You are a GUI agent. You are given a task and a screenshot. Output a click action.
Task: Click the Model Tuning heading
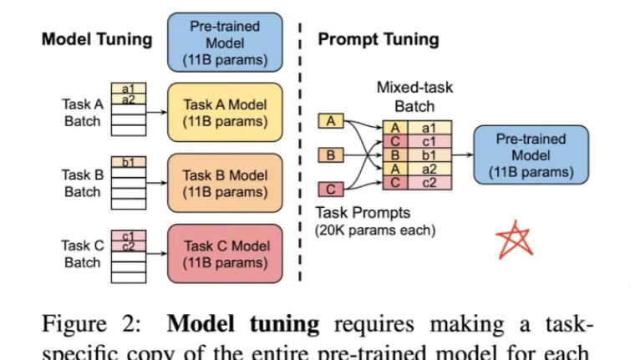pos(97,39)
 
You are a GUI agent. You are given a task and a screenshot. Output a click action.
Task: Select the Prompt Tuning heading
pos(378,39)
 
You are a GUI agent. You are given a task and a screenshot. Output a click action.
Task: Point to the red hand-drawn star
pos(513,239)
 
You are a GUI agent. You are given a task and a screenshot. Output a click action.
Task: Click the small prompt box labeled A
pos(331,122)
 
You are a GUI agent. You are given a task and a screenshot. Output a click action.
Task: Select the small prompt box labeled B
pos(331,155)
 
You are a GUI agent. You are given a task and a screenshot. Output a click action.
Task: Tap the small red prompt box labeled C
pos(331,189)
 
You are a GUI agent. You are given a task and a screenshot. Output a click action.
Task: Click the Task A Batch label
pos(83,113)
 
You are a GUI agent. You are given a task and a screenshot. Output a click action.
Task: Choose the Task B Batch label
pos(83,183)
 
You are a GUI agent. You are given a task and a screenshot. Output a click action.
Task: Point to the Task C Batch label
pos(83,253)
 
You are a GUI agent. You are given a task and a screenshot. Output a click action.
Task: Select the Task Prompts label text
pos(363,213)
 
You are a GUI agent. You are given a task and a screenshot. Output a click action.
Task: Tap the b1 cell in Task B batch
pos(129,162)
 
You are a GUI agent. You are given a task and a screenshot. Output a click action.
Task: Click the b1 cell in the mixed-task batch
pos(428,155)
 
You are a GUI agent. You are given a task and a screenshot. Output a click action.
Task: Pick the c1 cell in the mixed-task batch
pos(428,141)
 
